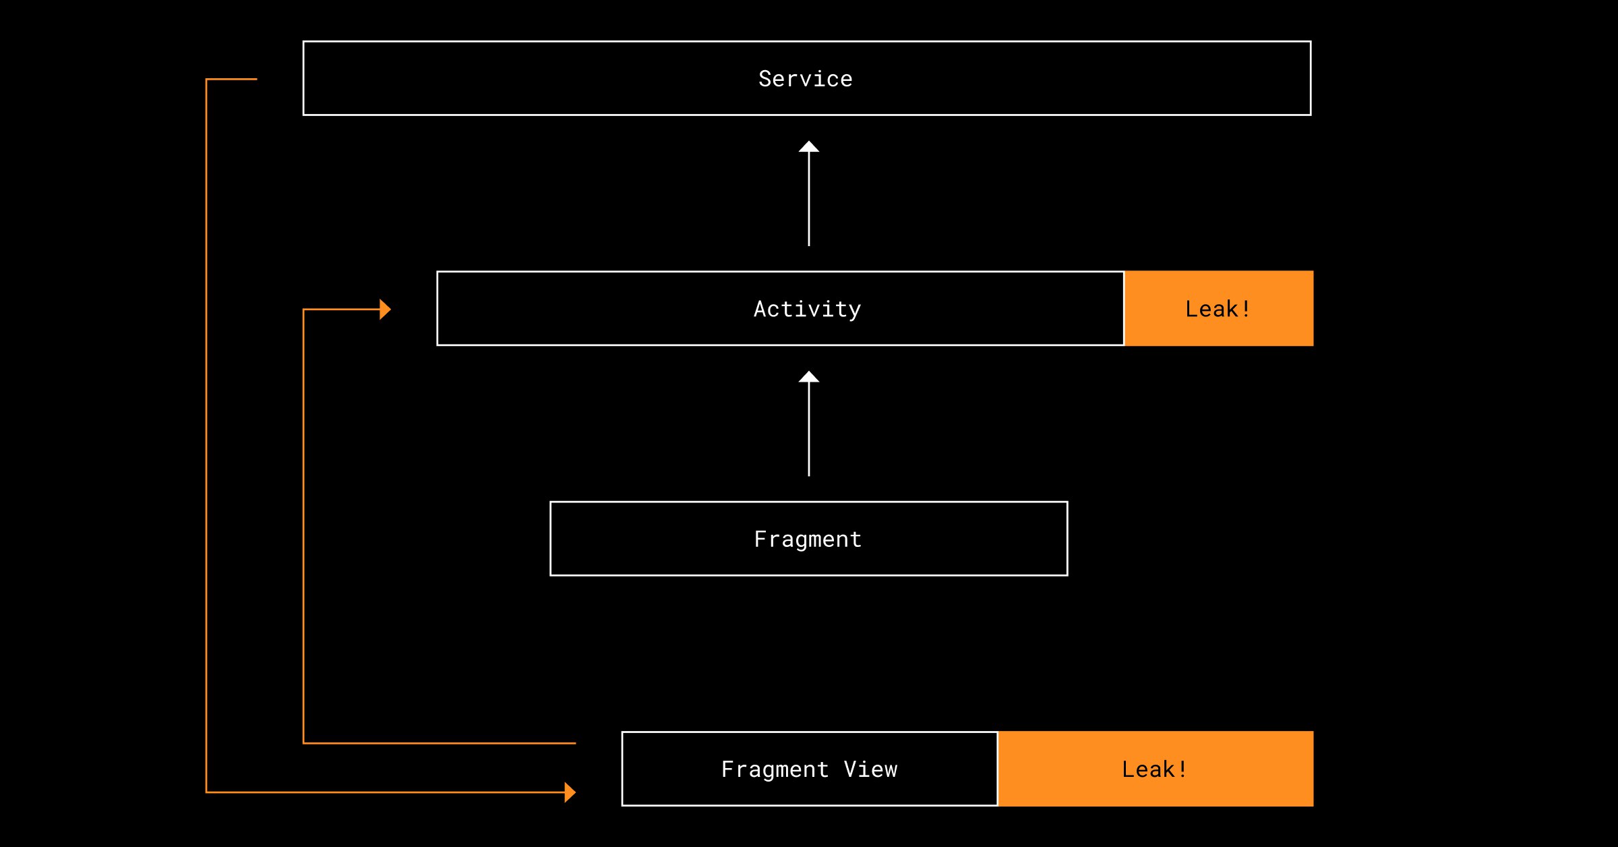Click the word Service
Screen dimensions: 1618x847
coord(806,79)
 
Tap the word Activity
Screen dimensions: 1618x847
coord(808,310)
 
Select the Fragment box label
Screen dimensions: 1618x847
coord(808,539)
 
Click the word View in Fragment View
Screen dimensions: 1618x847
coord(871,769)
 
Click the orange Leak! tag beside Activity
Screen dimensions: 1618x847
coord(1219,309)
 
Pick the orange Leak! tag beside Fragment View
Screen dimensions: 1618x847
coord(1156,769)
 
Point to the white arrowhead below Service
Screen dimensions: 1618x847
coord(809,146)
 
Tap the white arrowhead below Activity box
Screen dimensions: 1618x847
coord(809,377)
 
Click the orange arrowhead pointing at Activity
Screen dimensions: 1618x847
coord(385,310)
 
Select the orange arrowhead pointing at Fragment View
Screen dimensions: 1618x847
coord(570,792)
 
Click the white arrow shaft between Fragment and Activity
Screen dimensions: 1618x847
coord(809,430)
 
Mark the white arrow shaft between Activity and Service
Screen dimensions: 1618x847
coord(809,199)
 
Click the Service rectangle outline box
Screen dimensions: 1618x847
coord(807,42)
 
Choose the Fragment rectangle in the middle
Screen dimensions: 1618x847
coord(809,502)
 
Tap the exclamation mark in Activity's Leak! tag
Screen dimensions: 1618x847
coord(1246,309)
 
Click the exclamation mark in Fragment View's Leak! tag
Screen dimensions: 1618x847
coord(1182,769)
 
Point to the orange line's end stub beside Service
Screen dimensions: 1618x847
coord(232,80)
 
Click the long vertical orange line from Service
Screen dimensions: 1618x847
coord(206,436)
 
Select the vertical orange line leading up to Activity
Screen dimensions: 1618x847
coord(303,526)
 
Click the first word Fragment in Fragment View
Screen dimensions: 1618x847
coord(775,769)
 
